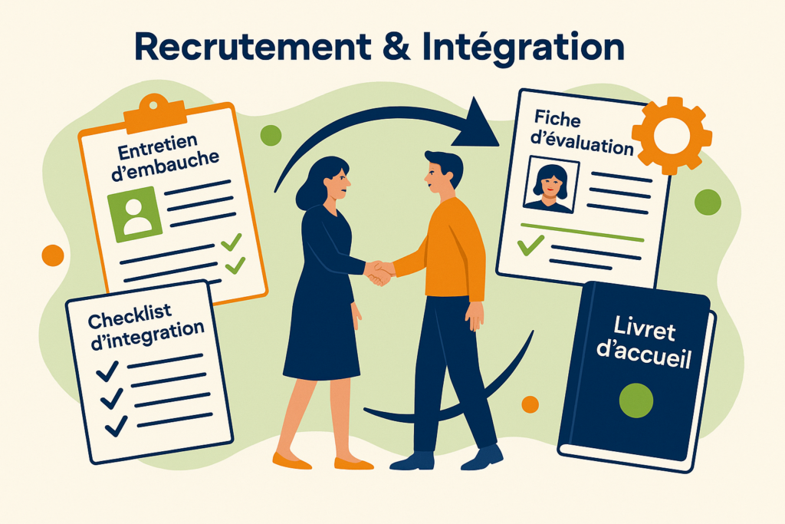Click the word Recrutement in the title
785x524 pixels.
[253, 48]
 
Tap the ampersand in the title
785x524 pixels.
[396, 47]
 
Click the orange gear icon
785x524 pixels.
[672, 136]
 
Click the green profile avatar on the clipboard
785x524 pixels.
[135, 214]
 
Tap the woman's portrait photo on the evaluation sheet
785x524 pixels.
[550, 184]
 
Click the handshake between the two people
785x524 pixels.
[379, 272]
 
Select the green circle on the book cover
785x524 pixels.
[636, 400]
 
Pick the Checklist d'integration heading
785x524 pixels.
[146, 326]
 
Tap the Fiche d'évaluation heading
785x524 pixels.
[581, 133]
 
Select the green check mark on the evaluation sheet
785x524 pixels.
[530, 245]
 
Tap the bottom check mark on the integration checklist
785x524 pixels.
[116, 426]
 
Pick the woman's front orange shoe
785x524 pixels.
[353, 463]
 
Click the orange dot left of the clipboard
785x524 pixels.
[53, 255]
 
